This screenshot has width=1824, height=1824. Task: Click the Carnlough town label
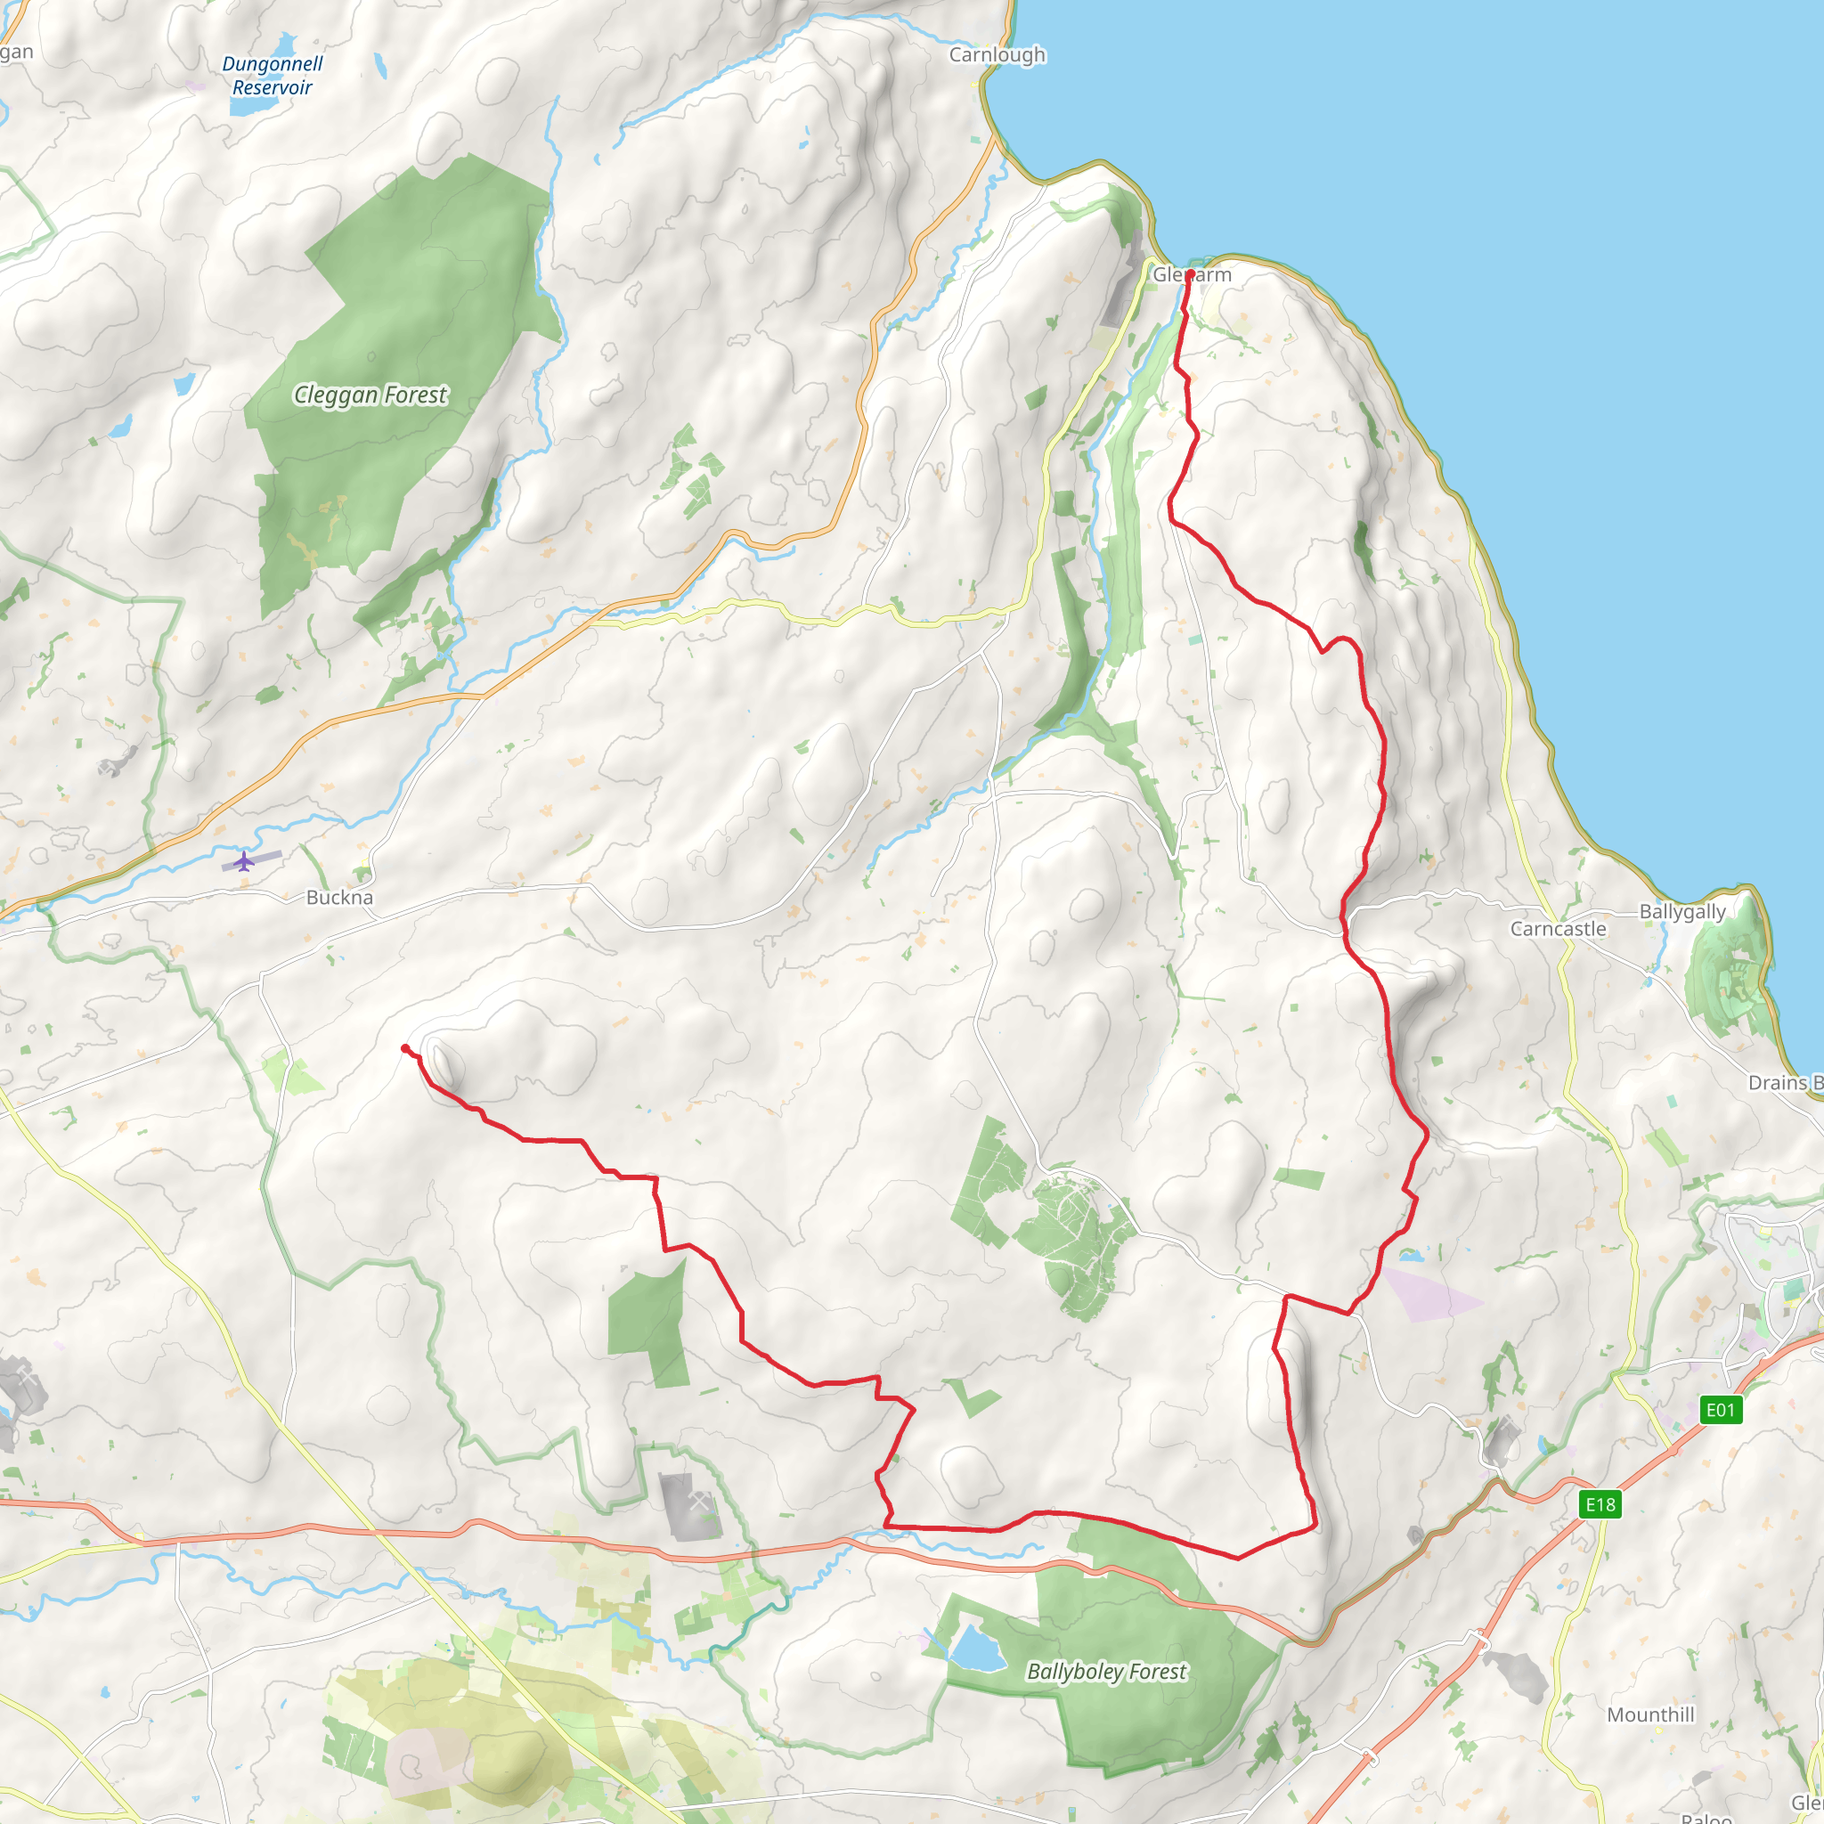[x=997, y=54]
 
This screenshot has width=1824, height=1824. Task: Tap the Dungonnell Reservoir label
[x=272, y=76]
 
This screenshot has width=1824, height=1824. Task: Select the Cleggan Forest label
[x=370, y=395]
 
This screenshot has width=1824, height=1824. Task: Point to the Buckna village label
[x=339, y=898]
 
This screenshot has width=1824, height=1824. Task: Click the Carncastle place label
[x=1558, y=929]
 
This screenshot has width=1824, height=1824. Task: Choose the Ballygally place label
[x=1682, y=912]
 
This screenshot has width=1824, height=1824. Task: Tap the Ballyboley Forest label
[x=1106, y=1671]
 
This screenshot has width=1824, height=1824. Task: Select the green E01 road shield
[x=1720, y=1411]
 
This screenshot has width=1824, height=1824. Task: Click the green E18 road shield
[x=1600, y=1505]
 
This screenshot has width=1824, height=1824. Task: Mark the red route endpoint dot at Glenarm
[x=1190, y=273]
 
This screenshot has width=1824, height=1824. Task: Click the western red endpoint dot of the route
[x=405, y=1048]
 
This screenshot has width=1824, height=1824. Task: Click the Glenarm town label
[x=1193, y=274]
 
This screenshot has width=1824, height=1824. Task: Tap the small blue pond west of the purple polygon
[x=1412, y=1256]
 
